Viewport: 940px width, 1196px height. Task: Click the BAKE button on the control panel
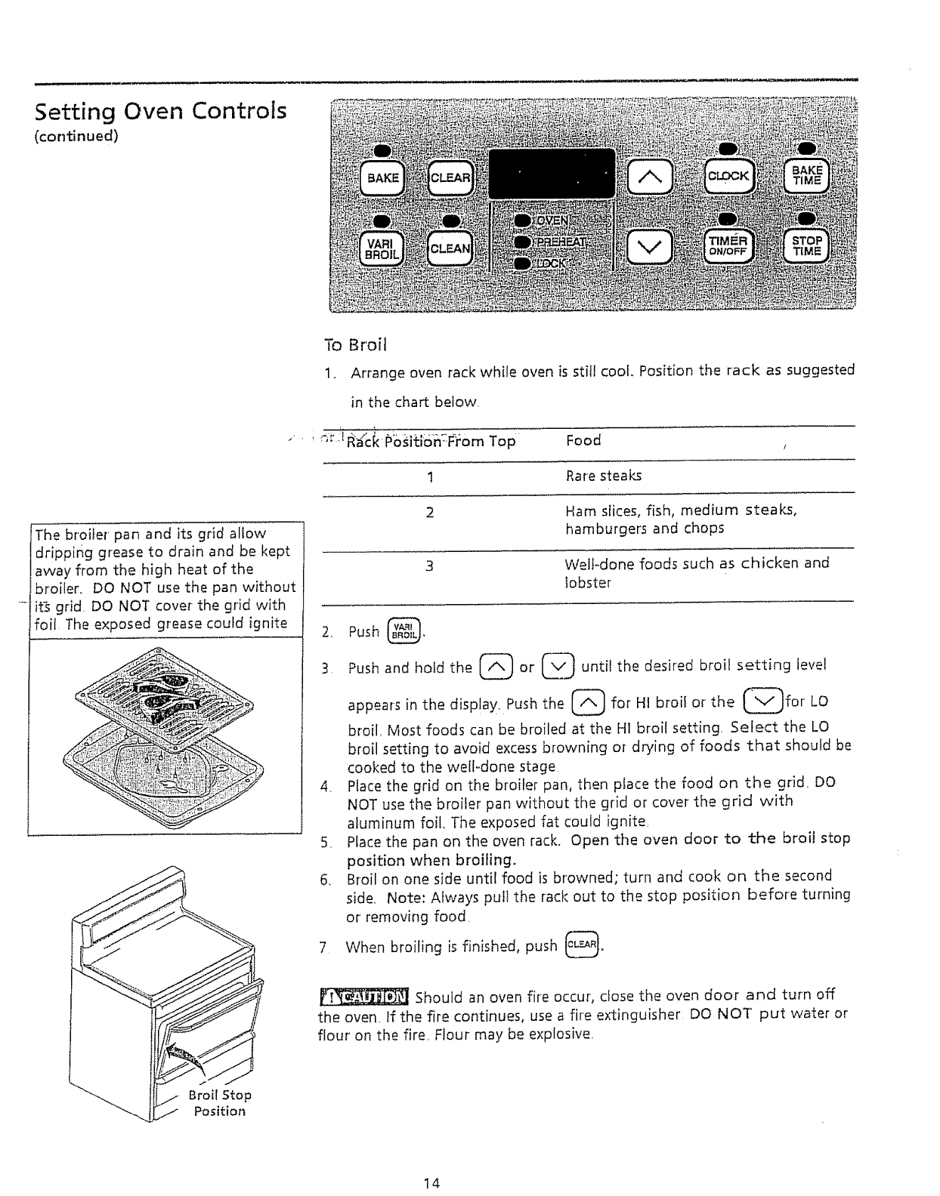click(x=382, y=178)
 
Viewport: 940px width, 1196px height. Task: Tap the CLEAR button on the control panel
click(x=450, y=178)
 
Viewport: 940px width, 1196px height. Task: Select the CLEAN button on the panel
click(x=450, y=248)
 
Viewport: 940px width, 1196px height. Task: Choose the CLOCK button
click(x=728, y=176)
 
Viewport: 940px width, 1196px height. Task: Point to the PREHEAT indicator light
click(x=521, y=242)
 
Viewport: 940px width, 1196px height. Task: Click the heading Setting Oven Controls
click(x=161, y=112)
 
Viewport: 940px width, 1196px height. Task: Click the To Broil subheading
click(x=354, y=346)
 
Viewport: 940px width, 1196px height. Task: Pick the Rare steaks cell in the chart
click(x=604, y=476)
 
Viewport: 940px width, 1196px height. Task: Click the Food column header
click(x=583, y=440)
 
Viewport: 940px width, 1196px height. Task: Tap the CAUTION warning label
click(x=363, y=997)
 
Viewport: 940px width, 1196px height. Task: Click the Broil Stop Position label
click(x=220, y=1103)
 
